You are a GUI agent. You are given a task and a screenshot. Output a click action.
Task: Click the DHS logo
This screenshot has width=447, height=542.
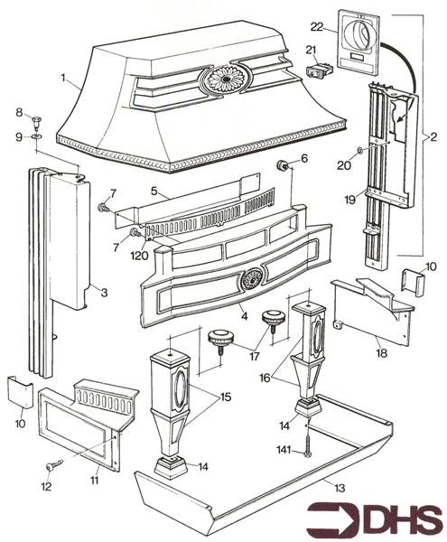click(374, 519)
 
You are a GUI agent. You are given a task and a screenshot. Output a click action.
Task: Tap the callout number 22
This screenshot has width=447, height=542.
click(316, 26)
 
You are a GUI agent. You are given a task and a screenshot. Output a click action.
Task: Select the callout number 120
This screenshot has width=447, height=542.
click(139, 256)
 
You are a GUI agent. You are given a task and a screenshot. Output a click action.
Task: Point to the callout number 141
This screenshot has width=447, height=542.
click(284, 450)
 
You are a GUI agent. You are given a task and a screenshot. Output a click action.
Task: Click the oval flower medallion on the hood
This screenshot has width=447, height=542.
click(226, 79)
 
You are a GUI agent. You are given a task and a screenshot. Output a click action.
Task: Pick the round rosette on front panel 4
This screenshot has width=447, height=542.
click(253, 278)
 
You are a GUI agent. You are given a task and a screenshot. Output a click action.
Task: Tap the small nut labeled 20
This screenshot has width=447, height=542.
click(359, 150)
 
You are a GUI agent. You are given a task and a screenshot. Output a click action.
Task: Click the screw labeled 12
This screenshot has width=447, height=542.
click(54, 464)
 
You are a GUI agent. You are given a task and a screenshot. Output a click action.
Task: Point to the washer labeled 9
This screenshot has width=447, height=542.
click(36, 136)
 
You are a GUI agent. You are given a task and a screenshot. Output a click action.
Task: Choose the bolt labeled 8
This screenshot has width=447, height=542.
click(36, 122)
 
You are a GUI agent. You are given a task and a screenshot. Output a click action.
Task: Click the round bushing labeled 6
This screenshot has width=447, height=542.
click(284, 165)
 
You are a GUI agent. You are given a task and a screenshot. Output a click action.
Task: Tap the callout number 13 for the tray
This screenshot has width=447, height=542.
click(340, 488)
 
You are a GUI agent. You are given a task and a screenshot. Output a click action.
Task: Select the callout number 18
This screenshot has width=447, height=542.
click(382, 353)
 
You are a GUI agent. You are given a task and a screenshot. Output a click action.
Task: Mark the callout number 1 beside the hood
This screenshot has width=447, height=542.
click(63, 78)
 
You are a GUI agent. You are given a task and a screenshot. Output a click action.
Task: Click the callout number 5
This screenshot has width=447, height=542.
click(154, 191)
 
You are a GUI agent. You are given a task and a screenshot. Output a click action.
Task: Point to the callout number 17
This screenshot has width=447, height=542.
click(254, 356)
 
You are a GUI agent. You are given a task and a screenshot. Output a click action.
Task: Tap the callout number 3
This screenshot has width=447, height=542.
click(104, 293)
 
